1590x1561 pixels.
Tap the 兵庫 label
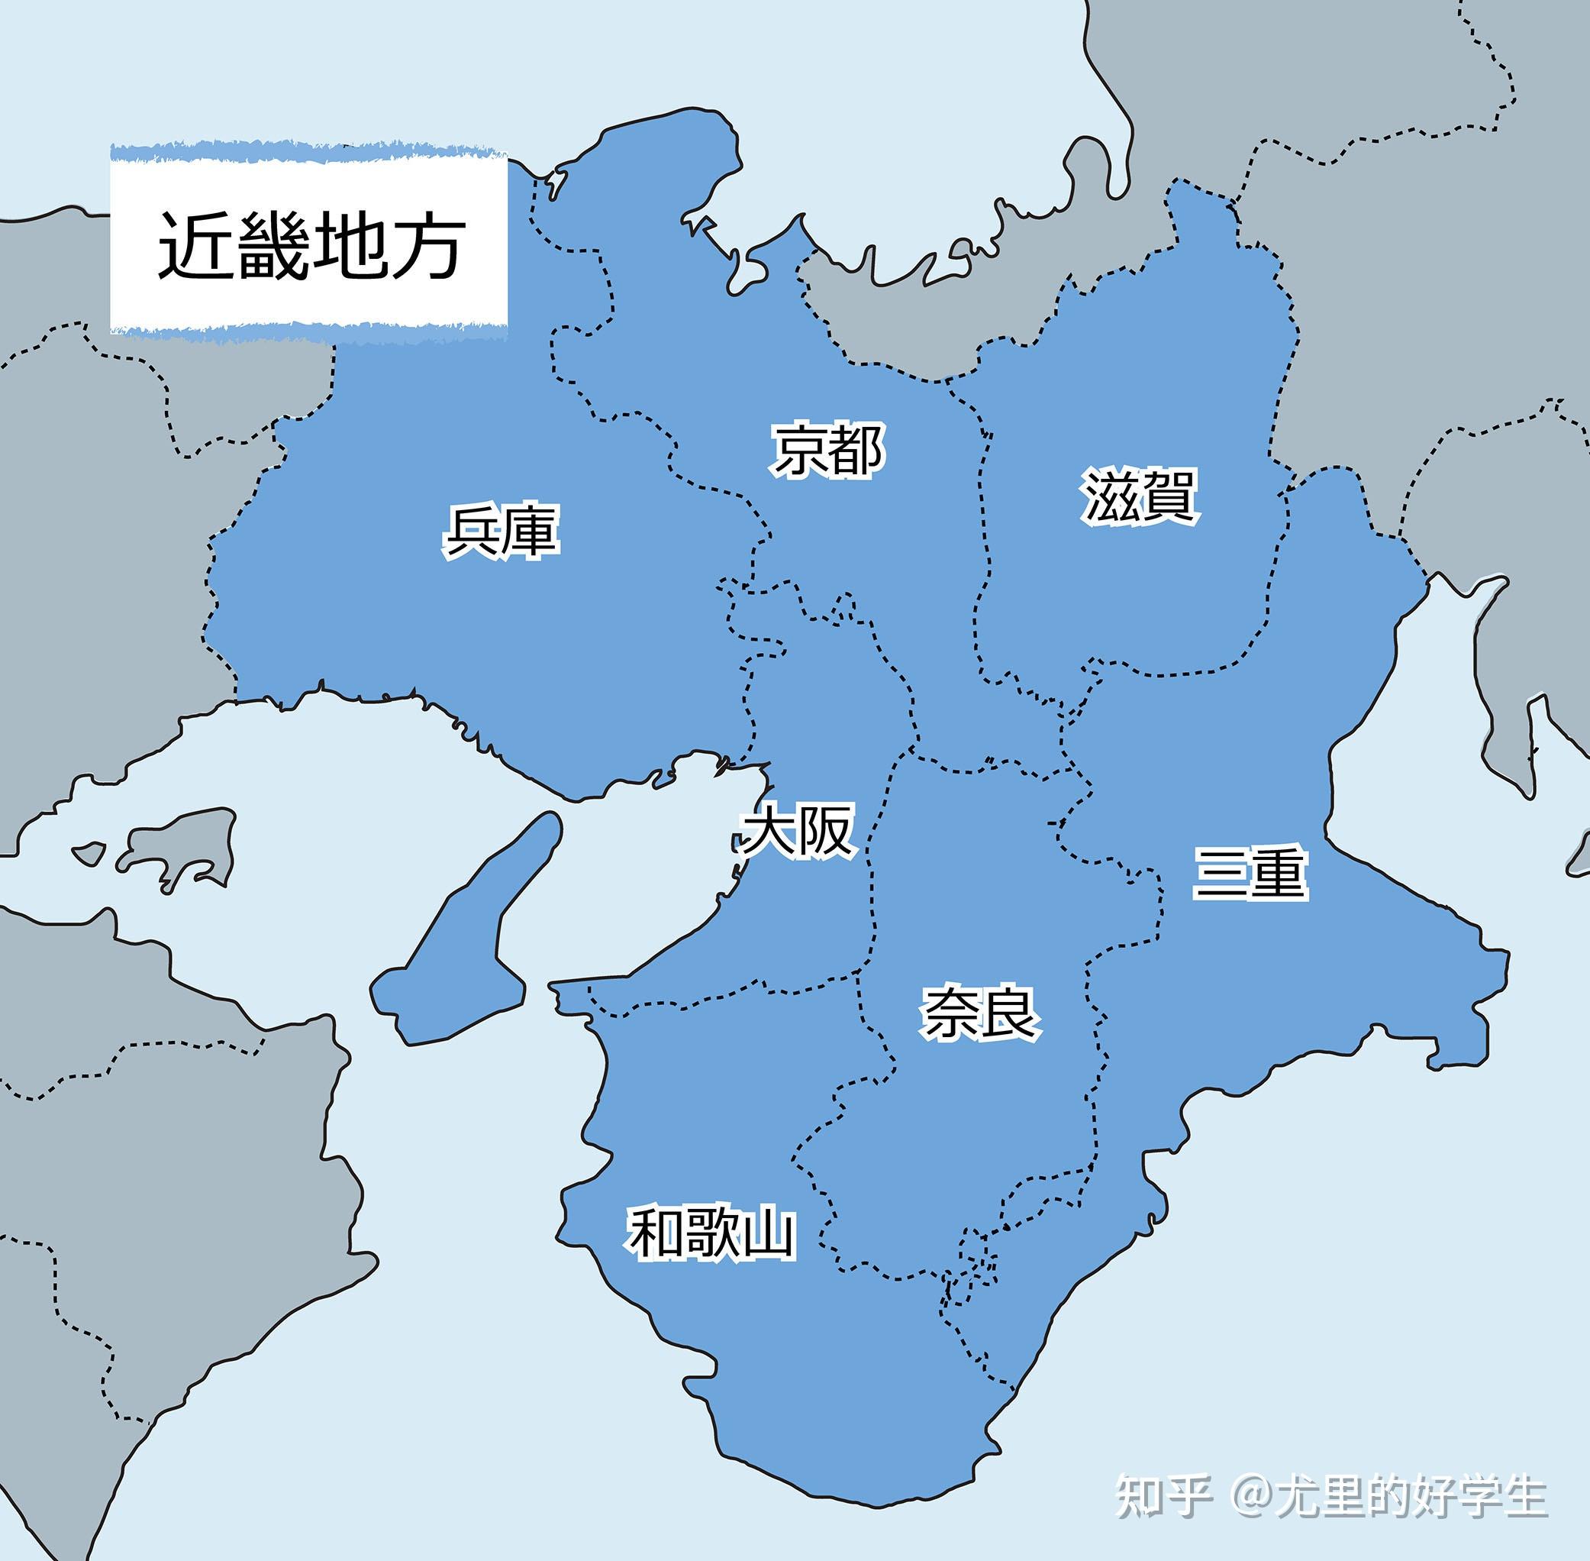click(x=501, y=532)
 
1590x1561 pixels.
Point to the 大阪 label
click(x=798, y=832)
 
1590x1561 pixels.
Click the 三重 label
click(x=1249, y=873)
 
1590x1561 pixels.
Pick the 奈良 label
click(x=979, y=1013)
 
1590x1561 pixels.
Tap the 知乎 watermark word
click(x=1164, y=1496)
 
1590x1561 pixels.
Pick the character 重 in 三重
click(x=1277, y=873)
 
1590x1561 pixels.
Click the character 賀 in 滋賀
click(x=1169, y=495)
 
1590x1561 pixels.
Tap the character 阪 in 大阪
click(x=825, y=832)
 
